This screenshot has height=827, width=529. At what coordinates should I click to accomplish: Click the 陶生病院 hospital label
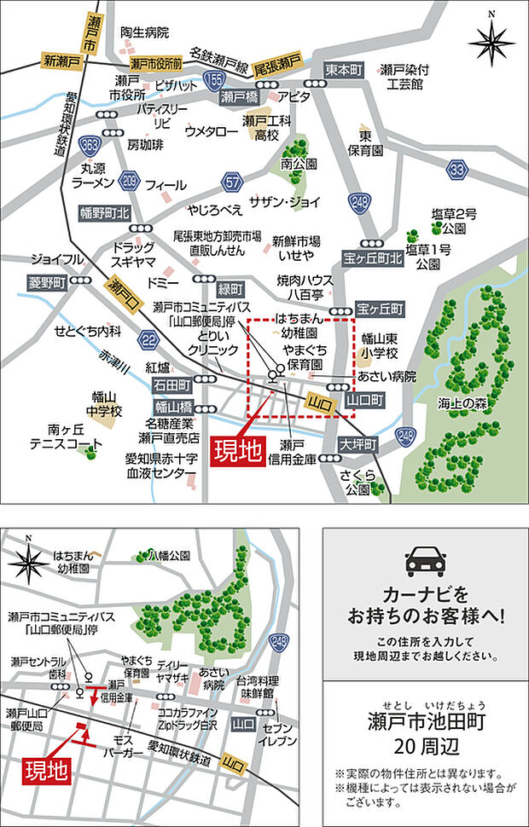click(x=145, y=32)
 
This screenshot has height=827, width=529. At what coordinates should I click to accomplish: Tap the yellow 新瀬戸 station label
click(x=61, y=61)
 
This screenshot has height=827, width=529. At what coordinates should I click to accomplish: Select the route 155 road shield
click(x=213, y=80)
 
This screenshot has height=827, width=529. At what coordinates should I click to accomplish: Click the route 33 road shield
click(x=459, y=170)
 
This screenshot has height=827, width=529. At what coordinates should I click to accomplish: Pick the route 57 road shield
click(x=230, y=181)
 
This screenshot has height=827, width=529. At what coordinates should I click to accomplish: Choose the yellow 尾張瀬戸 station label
click(x=278, y=61)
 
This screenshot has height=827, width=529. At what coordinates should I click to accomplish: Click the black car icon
click(x=425, y=558)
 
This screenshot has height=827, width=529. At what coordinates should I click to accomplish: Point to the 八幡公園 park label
click(x=167, y=555)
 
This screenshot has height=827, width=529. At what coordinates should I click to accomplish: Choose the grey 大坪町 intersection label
click(x=356, y=444)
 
